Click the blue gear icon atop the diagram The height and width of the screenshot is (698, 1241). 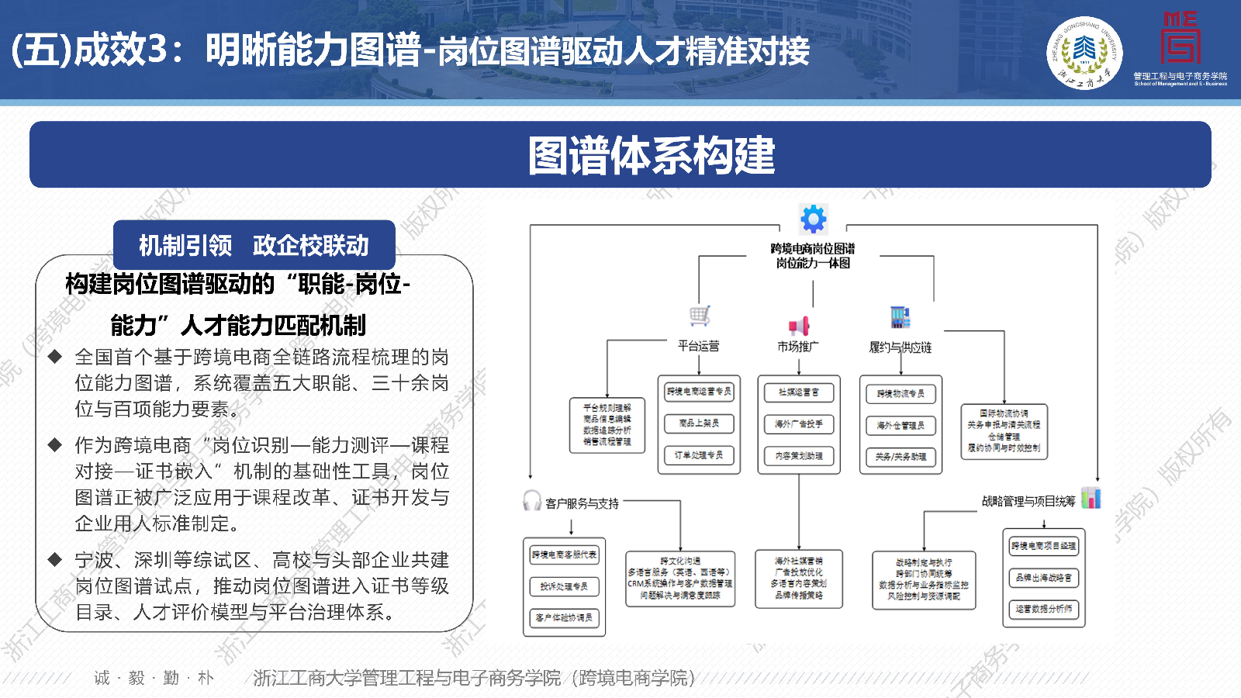pos(813,219)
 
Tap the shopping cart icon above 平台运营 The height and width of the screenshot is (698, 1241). pos(700,315)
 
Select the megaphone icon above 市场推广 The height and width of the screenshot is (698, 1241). pos(799,325)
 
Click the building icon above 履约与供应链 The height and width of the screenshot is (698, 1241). pos(900,316)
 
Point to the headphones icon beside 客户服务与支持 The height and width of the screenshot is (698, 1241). pos(532,501)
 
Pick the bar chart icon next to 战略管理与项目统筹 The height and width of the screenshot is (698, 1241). pos(1091,498)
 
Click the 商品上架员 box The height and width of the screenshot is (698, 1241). pos(699,423)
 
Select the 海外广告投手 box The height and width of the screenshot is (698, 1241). pos(799,424)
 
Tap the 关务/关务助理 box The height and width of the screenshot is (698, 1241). pos(901,457)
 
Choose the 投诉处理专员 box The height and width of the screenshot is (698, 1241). pos(564,586)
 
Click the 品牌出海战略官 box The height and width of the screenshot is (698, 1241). pos(1044,578)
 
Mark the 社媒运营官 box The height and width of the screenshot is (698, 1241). pos(799,392)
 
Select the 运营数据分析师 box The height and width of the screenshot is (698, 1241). pos(1044,610)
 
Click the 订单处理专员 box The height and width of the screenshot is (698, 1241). pos(699,455)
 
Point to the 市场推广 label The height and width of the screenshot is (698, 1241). pos(798,347)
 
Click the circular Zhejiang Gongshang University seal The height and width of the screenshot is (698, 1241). pos(1084,53)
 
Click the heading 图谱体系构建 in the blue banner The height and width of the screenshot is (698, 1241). pos(652,155)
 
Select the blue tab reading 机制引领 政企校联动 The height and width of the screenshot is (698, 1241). pos(254,245)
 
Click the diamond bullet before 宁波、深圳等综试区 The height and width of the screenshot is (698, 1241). pos(55,559)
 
